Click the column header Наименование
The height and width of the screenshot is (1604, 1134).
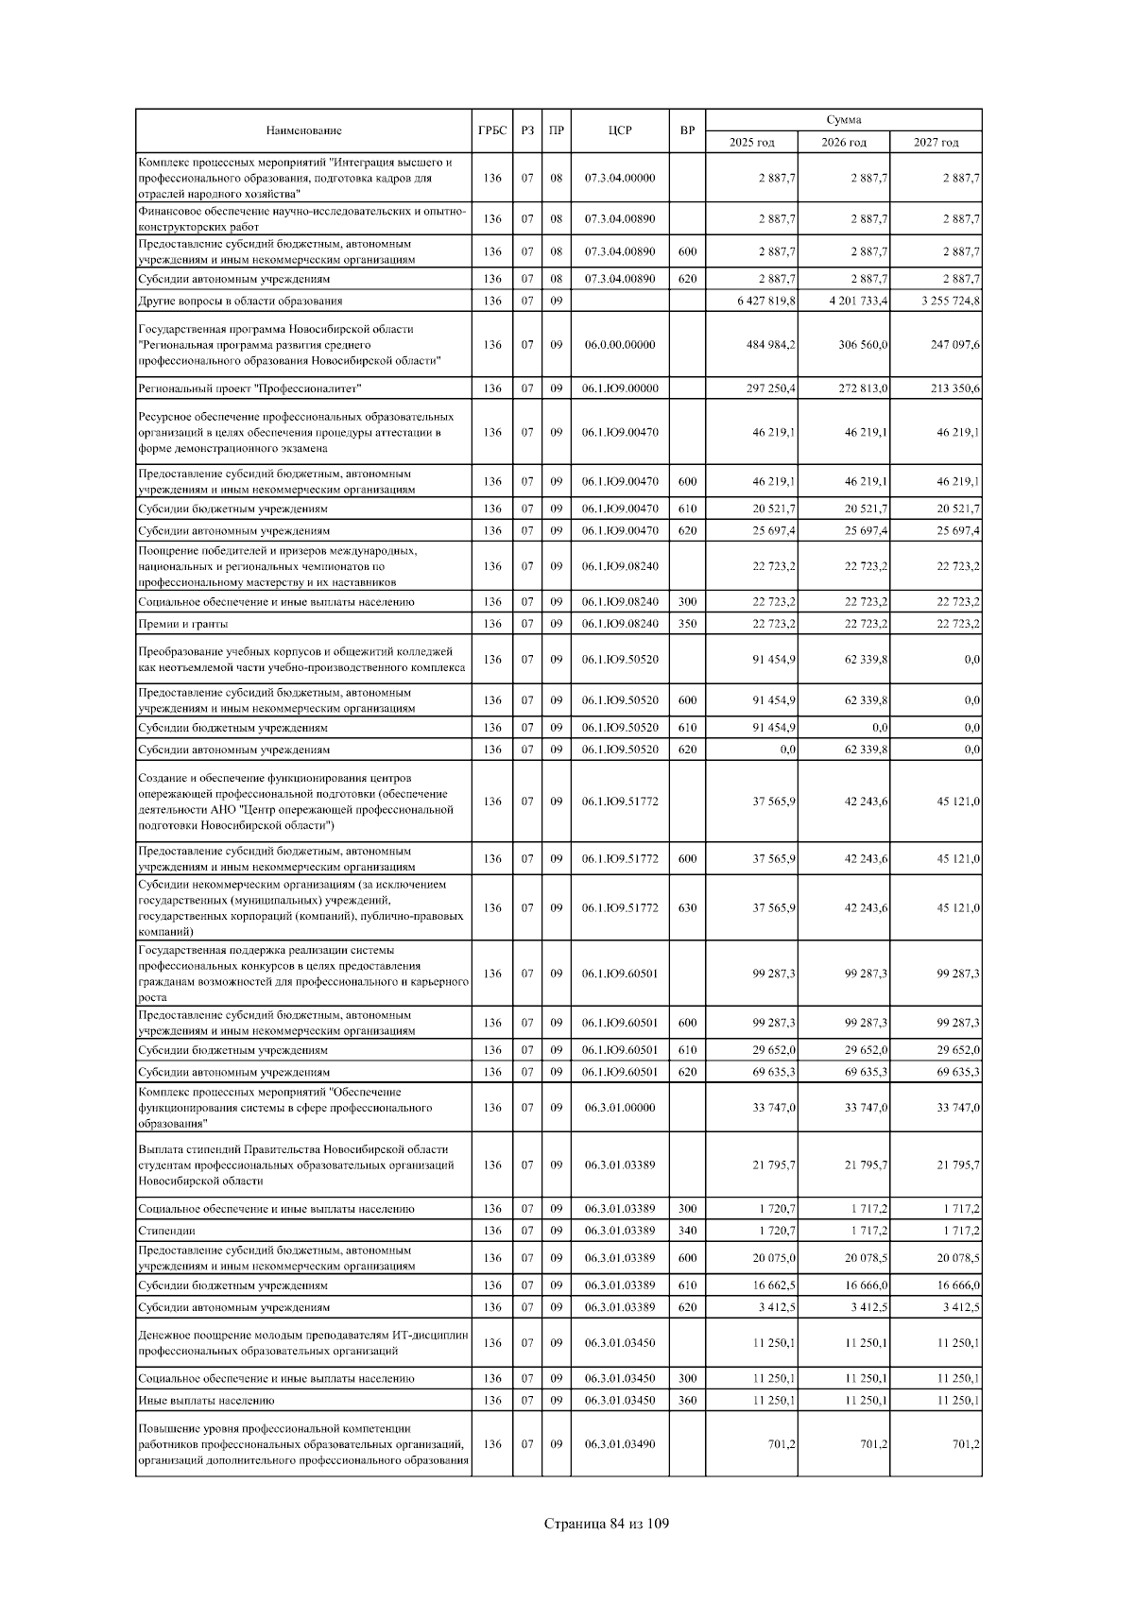click(x=303, y=130)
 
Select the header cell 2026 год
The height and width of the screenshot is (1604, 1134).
click(x=843, y=142)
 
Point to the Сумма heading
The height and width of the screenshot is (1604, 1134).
click(x=843, y=120)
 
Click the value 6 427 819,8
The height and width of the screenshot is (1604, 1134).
click(x=766, y=301)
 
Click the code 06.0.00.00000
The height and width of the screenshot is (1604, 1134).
click(x=619, y=345)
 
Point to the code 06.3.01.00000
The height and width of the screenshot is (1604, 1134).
click(x=619, y=1108)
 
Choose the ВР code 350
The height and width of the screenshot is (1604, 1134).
click(x=687, y=624)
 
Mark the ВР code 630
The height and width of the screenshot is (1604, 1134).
click(x=687, y=908)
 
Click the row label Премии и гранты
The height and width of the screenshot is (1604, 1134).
click(x=183, y=624)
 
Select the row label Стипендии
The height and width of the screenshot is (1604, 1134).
click(x=166, y=1232)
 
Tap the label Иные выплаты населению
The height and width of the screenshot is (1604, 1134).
click(x=206, y=1401)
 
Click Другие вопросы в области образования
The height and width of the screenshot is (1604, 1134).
click(x=240, y=301)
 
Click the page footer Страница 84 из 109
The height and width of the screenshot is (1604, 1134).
click(x=607, y=1524)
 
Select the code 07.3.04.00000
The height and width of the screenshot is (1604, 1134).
click(x=619, y=178)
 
